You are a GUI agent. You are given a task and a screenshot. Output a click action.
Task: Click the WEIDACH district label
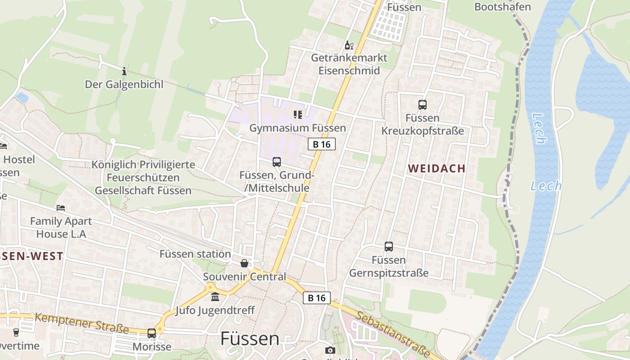pos(436,168)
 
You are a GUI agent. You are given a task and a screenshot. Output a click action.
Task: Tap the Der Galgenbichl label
pos(124,84)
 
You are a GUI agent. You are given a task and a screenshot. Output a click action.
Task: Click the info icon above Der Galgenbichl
pos(124,71)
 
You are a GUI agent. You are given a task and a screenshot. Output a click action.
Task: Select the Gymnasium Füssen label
pos(297,128)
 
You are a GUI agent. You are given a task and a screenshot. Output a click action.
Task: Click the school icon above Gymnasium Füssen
pos(297,115)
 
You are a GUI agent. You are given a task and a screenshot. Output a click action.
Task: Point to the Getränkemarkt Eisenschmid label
pos(349,64)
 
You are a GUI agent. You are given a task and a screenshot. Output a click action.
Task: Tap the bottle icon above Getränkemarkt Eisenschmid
pos(349,45)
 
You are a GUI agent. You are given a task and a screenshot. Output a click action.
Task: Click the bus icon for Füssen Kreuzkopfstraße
pos(422,105)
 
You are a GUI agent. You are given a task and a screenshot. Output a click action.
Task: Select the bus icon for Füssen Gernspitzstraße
pos(389,247)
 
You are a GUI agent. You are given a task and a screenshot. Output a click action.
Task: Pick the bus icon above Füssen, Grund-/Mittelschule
pos(277,162)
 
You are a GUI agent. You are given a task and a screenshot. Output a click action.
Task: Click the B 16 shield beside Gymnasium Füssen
pos(321,144)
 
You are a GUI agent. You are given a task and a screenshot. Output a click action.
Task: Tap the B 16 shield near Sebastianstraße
pos(316,297)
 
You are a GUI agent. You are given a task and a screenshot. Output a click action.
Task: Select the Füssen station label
pos(195,254)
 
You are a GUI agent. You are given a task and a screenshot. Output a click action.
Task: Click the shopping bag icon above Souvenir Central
pos(244,263)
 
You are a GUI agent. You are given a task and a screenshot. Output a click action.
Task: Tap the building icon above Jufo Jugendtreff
pos(215,297)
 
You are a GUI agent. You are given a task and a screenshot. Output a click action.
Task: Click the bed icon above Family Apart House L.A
pos(61,208)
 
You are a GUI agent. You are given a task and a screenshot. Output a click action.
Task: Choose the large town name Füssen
pos(249,339)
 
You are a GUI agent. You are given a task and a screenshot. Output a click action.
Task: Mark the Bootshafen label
pos(503,7)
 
